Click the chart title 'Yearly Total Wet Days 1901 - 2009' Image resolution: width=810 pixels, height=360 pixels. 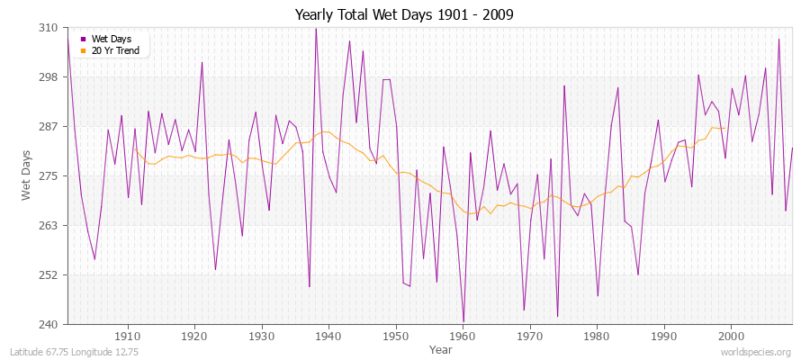(404, 15)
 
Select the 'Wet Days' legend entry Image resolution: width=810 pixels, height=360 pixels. (111, 39)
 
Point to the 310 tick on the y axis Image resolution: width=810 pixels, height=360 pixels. (49, 28)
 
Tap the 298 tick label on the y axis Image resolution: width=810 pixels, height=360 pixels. (49, 77)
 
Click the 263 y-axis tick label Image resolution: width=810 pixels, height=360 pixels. (49, 225)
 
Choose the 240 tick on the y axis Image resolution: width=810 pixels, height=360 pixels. (49, 324)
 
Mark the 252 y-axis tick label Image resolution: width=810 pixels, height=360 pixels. (49, 274)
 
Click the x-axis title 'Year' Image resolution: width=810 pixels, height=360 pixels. (441, 348)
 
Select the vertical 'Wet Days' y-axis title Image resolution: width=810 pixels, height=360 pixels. (26, 175)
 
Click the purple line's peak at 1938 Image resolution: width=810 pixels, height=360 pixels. (315, 29)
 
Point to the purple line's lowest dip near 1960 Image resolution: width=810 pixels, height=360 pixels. (463, 321)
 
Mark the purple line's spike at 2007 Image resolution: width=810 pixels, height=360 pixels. (778, 39)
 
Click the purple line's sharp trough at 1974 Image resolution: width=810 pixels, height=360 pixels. (557, 316)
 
